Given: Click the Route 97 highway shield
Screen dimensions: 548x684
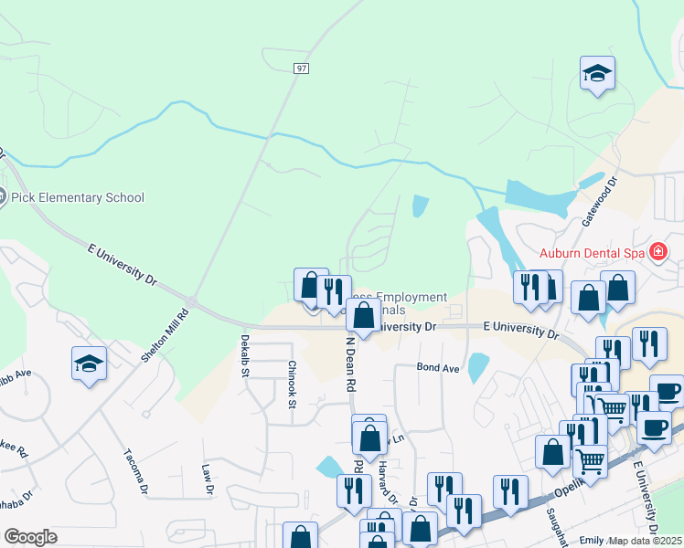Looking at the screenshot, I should tap(301, 68).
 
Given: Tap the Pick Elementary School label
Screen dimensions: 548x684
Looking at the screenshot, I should tap(80, 197).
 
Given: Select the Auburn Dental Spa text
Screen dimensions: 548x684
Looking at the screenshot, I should tap(592, 252).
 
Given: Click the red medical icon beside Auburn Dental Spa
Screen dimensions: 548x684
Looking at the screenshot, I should tap(657, 251).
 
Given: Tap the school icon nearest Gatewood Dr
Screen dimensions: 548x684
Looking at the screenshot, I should tap(597, 74).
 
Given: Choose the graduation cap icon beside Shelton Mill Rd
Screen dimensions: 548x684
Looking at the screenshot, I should tap(89, 365).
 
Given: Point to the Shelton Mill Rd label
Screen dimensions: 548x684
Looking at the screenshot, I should tap(165, 337).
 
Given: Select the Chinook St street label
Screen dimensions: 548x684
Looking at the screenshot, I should tap(293, 379).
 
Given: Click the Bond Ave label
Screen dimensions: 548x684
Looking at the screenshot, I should tap(437, 368).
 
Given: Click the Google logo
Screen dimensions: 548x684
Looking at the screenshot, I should tap(30, 537).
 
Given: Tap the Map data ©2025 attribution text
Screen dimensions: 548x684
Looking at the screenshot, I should tap(646, 541).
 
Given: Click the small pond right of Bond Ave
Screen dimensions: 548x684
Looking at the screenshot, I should tap(476, 368).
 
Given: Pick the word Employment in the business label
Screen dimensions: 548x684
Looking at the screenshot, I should tap(411, 298).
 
